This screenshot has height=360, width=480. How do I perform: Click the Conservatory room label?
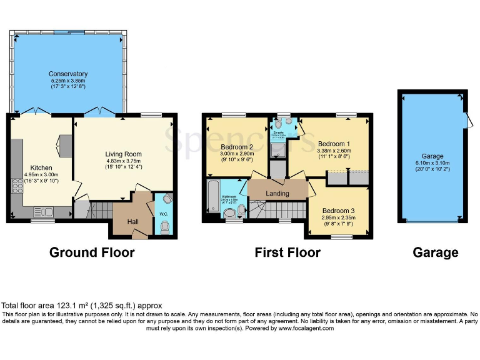tap(68, 74)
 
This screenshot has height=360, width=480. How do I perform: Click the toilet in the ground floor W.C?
tap(165, 227)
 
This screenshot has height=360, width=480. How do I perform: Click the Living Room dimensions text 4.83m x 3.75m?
tap(122, 161)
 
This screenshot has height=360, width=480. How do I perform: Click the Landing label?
tap(277, 194)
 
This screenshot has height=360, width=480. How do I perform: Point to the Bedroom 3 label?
tap(339, 211)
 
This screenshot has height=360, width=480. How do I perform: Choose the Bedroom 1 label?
tap(333, 143)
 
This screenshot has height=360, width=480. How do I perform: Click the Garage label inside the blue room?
tap(432, 156)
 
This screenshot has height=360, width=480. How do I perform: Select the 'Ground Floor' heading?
tap(92, 252)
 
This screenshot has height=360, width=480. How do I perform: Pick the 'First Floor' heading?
tap(287, 252)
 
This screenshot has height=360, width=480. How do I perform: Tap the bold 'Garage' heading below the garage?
tap(435, 252)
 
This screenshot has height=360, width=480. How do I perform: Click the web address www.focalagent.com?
tap(306, 328)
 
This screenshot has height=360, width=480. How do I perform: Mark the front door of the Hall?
tap(140, 234)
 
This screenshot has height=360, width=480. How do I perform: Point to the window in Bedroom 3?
tap(341, 236)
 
